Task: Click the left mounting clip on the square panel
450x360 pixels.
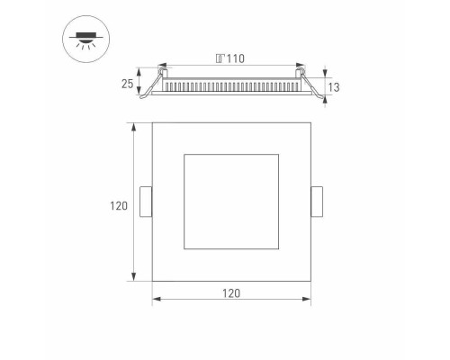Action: click(x=146, y=201)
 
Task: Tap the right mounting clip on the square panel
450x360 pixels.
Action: click(x=316, y=201)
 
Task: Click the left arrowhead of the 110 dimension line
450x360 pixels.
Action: click(x=163, y=66)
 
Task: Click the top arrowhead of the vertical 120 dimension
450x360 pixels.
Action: click(x=134, y=125)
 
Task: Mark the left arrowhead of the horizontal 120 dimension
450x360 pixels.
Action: click(x=155, y=300)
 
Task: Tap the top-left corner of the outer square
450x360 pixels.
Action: click(x=152, y=122)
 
